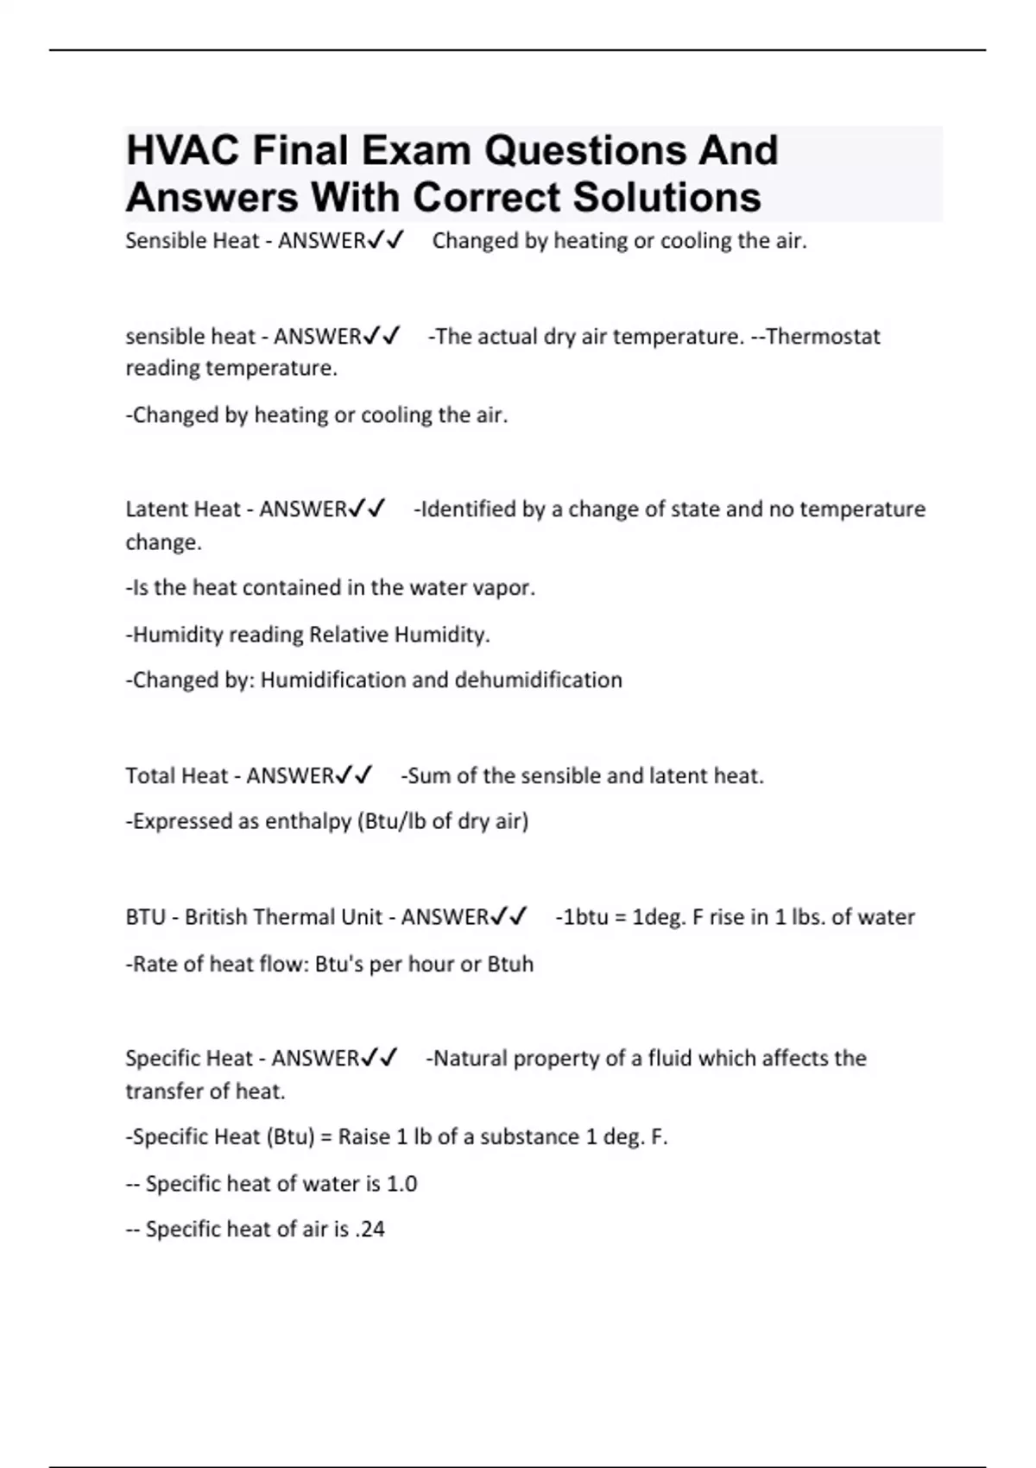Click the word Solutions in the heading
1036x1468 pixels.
coord(667,197)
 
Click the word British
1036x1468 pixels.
coord(221,917)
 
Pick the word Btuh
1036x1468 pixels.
coord(510,964)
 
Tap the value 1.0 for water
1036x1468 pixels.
coord(401,1183)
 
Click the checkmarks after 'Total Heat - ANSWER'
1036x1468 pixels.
coord(354,775)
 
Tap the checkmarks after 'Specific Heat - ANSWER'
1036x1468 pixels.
coord(380,1058)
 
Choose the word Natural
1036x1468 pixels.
coord(470,1058)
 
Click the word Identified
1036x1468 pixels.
coord(468,509)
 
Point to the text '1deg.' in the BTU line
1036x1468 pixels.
coord(659,917)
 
